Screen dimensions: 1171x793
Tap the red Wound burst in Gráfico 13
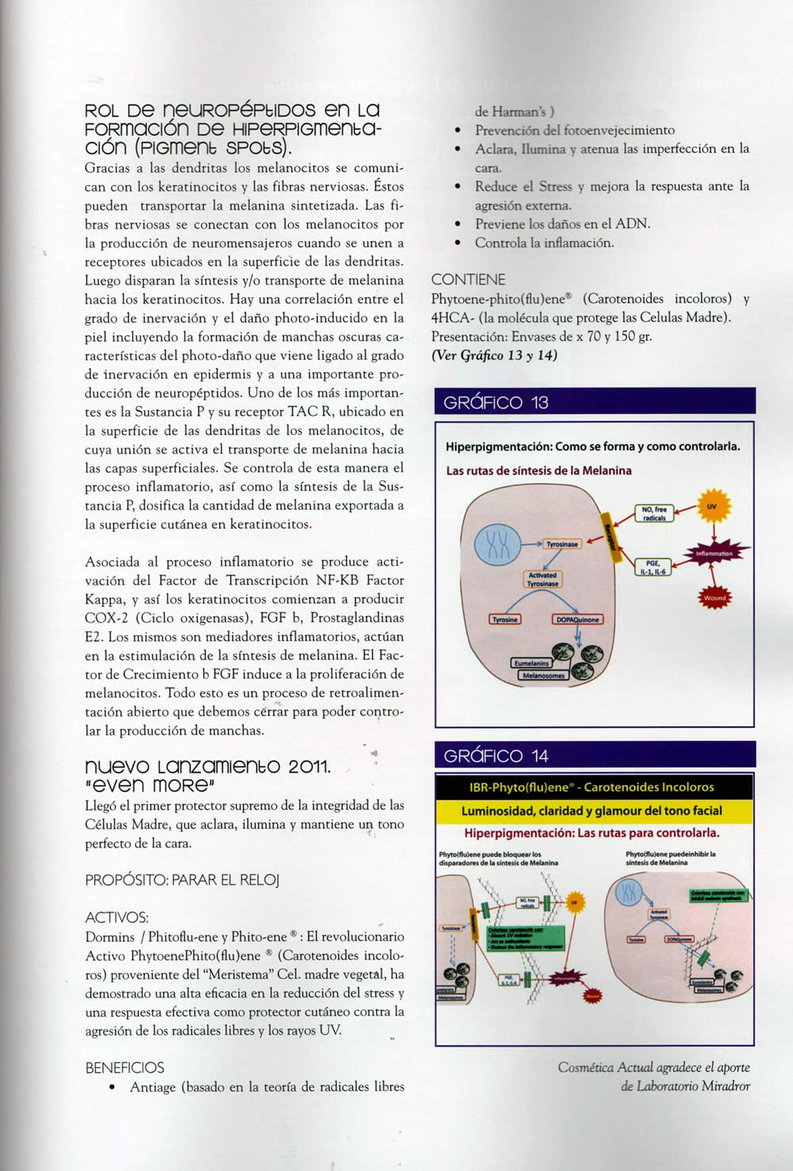point(714,598)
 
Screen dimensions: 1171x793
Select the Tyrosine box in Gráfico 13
point(505,619)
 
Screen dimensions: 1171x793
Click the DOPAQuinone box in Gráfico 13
point(577,619)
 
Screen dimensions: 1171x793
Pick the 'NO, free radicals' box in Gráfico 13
point(653,513)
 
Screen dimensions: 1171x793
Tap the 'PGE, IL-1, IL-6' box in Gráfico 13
point(653,567)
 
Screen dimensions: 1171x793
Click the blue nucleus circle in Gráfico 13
point(497,545)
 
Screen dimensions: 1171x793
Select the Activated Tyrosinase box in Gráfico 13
point(542,580)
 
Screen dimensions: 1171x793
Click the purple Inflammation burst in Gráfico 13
point(714,553)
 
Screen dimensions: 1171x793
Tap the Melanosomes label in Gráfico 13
point(543,675)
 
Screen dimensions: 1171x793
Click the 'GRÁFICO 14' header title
point(496,756)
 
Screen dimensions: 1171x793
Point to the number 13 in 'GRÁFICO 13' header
point(539,403)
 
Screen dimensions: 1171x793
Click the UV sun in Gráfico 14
point(575,902)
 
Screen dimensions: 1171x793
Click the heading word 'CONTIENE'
point(468,280)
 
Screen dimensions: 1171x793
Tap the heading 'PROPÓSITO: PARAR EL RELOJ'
point(182,880)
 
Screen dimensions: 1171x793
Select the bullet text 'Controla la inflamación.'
point(544,243)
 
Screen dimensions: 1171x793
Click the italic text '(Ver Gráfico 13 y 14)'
point(494,355)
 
